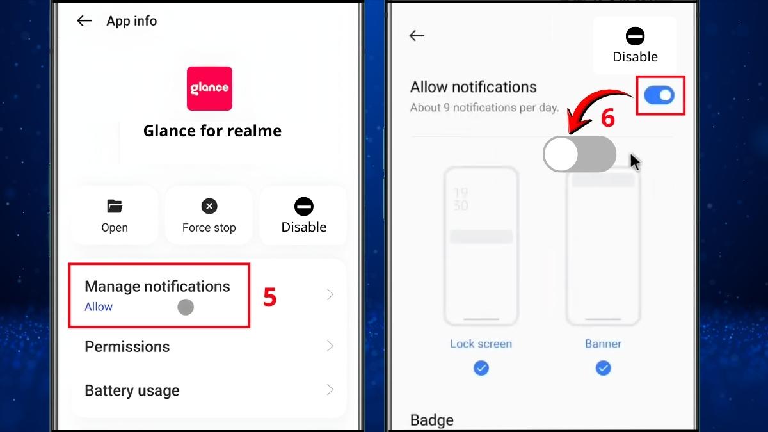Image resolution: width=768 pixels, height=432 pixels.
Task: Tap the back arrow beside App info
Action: pyautogui.click(x=84, y=21)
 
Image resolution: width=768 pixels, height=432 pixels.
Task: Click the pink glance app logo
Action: pyautogui.click(x=209, y=88)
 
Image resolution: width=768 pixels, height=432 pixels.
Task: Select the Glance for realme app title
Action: pyautogui.click(x=212, y=131)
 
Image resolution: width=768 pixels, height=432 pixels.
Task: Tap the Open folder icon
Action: pyautogui.click(x=115, y=206)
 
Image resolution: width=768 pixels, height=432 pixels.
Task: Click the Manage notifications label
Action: pyautogui.click(x=157, y=286)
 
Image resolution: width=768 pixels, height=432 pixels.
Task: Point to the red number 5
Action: pyautogui.click(x=270, y=297)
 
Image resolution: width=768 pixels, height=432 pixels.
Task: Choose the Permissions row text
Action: pyautogui.click(x=127, y=347)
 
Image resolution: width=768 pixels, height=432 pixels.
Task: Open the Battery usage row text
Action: pyautogui.click(x=132, y=391)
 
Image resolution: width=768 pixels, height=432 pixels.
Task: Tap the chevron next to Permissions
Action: pyautogui.click(x=330, y=346)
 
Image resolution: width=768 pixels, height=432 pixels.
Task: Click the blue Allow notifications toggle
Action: pyautogui.click(x=659, y=96)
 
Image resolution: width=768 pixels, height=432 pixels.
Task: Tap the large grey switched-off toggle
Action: pyautogui.click(x=579, y=154)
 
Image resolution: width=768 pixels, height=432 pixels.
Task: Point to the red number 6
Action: pyautogui.click(x=607, y=118)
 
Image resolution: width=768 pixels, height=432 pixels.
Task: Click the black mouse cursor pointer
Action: pyautogui.click(x=634, y=162)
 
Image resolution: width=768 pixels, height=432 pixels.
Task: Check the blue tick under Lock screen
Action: pyautogui.click(x=481, y=368)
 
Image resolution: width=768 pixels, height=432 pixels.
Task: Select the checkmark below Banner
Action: pyautogui.click(x=603, y=368)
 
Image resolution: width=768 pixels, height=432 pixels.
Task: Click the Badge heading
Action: pyautogui.click(x=431, y=420)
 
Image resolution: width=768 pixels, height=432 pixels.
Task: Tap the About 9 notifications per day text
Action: pyautogui.click(x=484, y=108)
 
